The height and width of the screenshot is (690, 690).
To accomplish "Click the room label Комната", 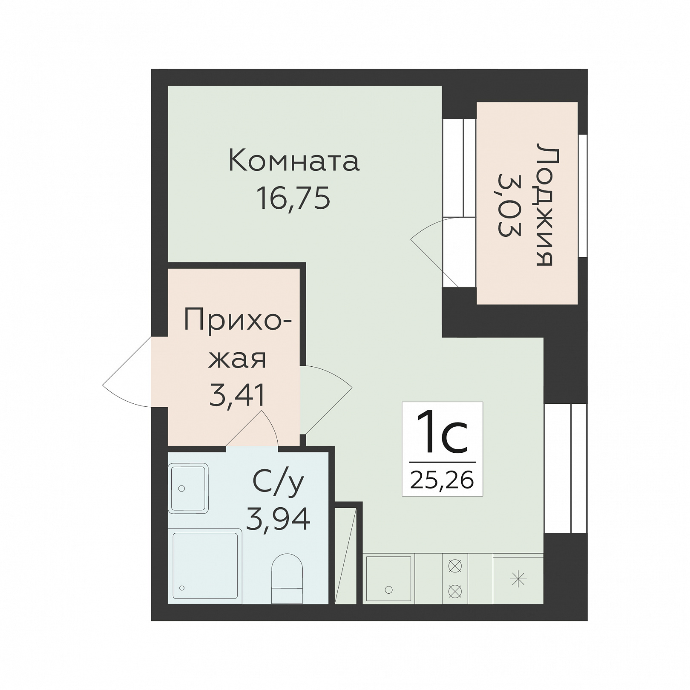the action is coord(294,161).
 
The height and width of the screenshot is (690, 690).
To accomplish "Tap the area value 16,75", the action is coord(293,198).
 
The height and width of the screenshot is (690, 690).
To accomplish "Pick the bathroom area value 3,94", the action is coord(278,518).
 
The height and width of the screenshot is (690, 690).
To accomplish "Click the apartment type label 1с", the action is coord(442,432).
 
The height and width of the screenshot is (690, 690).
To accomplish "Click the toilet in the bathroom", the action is coord(287,578).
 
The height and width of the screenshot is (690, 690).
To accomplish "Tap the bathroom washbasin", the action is coord(188,488).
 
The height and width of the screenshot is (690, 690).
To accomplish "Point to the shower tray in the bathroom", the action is coord(205,566).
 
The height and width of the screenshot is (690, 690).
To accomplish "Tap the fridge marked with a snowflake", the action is coord(518,579).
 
